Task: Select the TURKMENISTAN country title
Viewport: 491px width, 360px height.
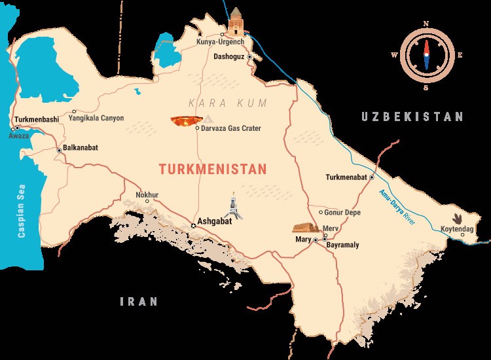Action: (213, 169)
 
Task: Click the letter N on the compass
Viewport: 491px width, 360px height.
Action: (426, 24)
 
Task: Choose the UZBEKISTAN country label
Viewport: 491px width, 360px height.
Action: (412, 117)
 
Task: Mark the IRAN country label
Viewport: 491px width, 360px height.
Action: (139, 302)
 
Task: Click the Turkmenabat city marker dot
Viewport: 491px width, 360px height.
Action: (371, 177)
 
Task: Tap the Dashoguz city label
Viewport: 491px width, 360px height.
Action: (229, 57)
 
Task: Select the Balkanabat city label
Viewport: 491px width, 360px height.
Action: (81, 148)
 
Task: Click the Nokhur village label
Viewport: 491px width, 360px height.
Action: (147, 194)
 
